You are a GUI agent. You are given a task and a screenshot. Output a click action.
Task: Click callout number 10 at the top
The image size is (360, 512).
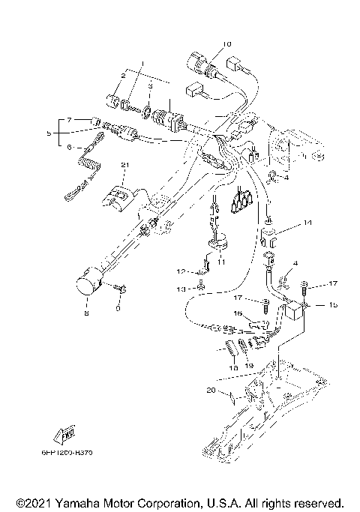point(228,43)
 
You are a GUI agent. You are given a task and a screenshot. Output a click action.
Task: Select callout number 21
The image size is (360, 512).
point(125,164)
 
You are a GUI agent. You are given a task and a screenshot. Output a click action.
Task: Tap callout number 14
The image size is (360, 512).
point(307,223)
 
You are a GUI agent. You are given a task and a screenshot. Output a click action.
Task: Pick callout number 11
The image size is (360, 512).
point(221,262)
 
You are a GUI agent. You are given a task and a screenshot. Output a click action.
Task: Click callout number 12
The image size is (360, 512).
point(181,271)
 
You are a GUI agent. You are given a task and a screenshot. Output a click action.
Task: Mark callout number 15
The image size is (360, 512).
point(334,306)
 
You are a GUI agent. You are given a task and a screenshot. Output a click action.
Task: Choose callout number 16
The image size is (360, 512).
point(237,313)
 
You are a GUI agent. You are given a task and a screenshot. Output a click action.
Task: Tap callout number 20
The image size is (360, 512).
point(212,391)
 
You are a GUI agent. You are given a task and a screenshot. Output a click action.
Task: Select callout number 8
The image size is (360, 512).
point(86,314)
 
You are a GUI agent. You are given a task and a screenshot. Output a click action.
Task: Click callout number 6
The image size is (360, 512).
point(69,148)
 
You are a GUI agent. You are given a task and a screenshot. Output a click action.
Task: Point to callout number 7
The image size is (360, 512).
point(68,120)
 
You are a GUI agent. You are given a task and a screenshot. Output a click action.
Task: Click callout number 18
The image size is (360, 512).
point(233,369)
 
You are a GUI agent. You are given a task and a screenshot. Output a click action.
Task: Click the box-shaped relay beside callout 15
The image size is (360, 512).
point(295,313)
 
